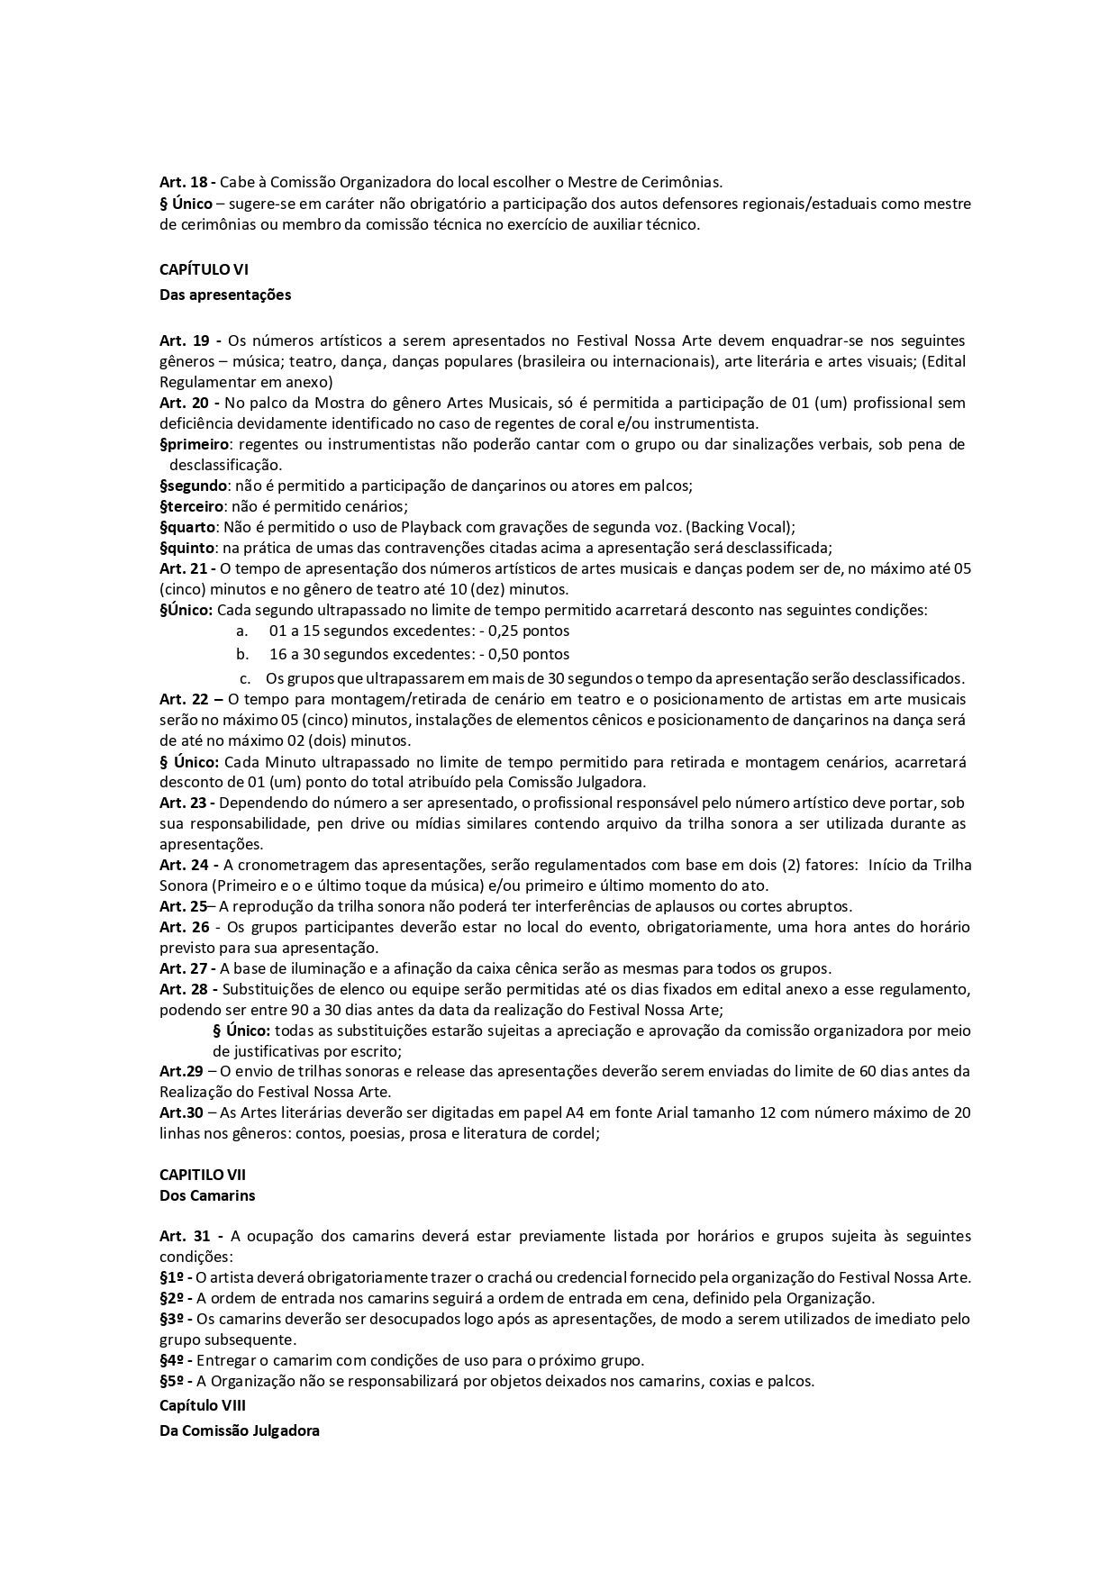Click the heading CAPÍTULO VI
pyautogui.click(x=204, y=269)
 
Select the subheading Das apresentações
pyautogui.click(x=225, y=295)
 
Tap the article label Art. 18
pyautogui.click(x=184, y=183)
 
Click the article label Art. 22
pyautogui.click(x=184, y=699)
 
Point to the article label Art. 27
pyautogui.click(x=184, y=969)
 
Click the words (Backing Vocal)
pyautogui.click(x=750, y=527)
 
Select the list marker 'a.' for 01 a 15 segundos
pyautogui.click(x=241, y=631)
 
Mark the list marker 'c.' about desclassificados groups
pyautogui.click(x=244, y=678)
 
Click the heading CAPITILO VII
pyautogui.click(x=202, y=1175)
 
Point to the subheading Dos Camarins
pyautogui.click(x=207, y=1195)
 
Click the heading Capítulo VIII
pyautogui.click(x=202, y=1405)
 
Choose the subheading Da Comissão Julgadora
pyautogui.click(x=239, y=1430)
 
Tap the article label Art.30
pyautogui.click(x=180, y=1112)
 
